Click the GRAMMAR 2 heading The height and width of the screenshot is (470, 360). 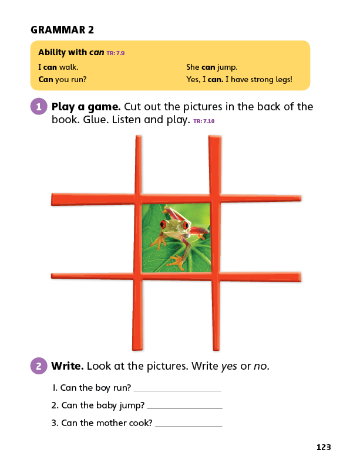(62, 30)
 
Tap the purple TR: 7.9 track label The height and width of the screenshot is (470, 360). (116, 53)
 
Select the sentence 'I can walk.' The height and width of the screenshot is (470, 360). (58, 67)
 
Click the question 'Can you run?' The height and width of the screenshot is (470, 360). (62, 79)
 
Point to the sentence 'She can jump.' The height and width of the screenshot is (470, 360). (212, 67)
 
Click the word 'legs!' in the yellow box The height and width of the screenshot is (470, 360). (284, 79)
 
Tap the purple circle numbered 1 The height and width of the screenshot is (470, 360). (39, 106)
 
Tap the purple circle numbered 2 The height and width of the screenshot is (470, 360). (39, 366)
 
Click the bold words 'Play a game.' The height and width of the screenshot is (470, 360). (86, 107)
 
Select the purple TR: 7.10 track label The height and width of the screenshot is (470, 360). (204, 121)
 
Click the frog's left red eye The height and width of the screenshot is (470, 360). (163, 224)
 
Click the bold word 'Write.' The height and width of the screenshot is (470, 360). (68, 366)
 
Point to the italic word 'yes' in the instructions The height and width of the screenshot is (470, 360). (229, 367)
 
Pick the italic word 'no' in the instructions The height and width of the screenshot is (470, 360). (260, 366)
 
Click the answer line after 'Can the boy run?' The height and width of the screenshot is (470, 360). (177, 391)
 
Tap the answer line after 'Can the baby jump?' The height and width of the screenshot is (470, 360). (185, 408)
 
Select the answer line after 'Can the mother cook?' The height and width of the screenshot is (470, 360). (189, 425)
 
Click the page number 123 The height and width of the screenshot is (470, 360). (324, 447)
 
